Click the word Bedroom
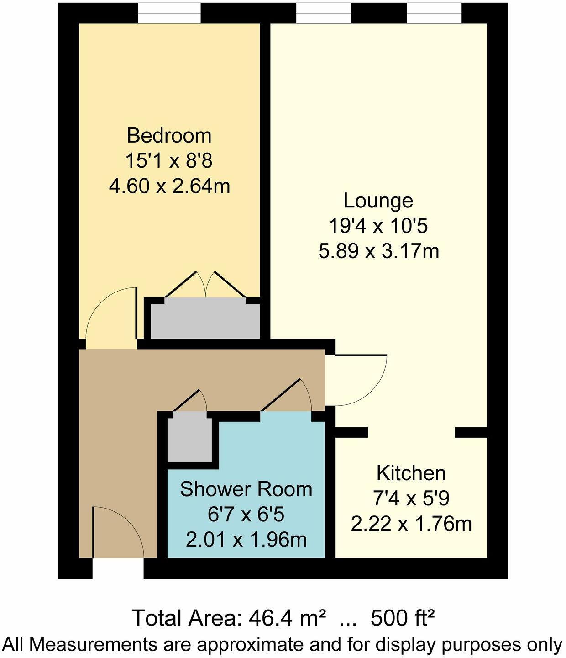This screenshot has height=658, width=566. tap(169, 136)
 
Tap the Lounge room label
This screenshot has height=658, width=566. tap(378, 201)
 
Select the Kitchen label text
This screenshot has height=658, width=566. tap(411, 473)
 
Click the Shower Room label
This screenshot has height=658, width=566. tap(246, 489)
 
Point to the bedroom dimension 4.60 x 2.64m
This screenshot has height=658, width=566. tap(169, 186)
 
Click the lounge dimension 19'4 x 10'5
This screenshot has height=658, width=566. tap(378, 226)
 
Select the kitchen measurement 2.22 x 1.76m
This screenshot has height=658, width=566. tap(411, 524)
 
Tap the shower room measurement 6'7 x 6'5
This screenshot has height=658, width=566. tap(246, 515)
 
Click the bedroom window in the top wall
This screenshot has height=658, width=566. tap(169, 13)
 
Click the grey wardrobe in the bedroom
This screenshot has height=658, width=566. tap(205, 318)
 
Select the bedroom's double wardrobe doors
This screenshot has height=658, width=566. tap(205, 286)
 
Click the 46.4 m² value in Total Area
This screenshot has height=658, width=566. tap(287, 619)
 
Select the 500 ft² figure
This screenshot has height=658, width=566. tap(402, 619)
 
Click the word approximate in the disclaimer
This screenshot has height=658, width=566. tap(250, 645)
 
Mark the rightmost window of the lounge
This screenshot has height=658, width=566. tap(435, 13)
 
